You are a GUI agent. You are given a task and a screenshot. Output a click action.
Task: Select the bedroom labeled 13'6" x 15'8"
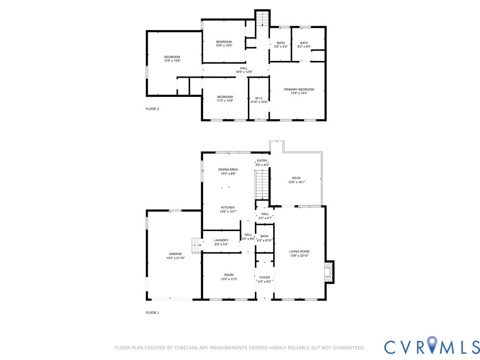[172, 59]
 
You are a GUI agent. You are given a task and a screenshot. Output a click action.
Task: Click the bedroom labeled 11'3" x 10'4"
[225, 98]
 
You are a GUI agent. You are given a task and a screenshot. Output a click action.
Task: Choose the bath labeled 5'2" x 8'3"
[280, 45]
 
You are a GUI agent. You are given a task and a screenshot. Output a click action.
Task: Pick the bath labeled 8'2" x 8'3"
[304, 45]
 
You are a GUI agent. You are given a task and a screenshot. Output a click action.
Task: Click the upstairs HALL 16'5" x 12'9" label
[244, 70]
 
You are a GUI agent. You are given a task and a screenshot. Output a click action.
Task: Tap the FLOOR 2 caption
[152, 109]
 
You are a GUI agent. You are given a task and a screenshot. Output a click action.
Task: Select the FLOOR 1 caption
[152, 312]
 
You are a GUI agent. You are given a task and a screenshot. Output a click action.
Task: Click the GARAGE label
[175, 256]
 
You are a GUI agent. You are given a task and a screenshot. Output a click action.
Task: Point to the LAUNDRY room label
[221, 242]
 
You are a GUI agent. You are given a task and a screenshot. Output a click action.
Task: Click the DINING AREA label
[228, 172]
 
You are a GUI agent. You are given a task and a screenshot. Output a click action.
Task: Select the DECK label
[296, 180]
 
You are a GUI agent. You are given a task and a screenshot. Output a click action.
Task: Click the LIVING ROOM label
[299, 254]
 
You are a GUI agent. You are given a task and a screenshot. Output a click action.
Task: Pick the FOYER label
[264, 279]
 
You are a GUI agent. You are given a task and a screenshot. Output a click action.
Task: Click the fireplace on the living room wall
[330, 272]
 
